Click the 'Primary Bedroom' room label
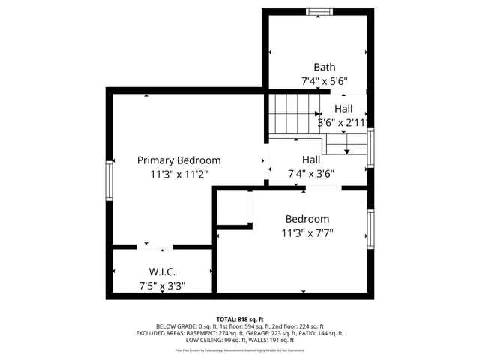(178, 160)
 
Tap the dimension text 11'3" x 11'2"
(178, 174)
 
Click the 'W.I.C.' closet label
(163, 271)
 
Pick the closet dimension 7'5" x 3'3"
(163, 286)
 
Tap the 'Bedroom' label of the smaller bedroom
(307, 219)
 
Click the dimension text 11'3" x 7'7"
(307, 233)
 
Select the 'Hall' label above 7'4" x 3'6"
(311, 160)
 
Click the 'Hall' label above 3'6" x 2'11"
(343, 109)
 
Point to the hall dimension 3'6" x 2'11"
(343, 122)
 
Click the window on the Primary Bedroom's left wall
(109, 180)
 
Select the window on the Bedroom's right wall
(370, 228)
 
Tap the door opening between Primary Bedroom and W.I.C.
(157, 244)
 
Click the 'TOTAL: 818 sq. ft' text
(240, 319)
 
